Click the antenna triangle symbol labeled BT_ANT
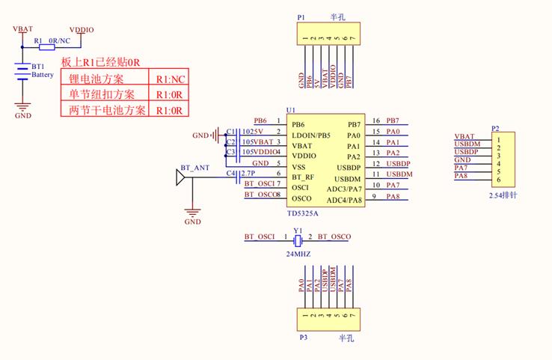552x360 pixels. (x=180, y=178)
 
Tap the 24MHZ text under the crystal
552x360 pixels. (x=298, y=254)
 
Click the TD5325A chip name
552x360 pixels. (x=302, y=213)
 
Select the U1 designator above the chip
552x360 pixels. (x=291, y=110)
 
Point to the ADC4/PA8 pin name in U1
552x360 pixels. (x=343, y=199)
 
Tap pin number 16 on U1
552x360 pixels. (x=376, y=120)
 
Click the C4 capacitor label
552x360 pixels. (x=230, y=174)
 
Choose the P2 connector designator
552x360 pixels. (x=495, y=128)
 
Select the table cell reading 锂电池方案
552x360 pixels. (x=96, y=79)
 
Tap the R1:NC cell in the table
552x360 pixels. (x=170, y=79)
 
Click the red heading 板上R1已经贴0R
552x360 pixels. (x=101, y=62)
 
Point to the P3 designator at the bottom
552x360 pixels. (x=304, y=338)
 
